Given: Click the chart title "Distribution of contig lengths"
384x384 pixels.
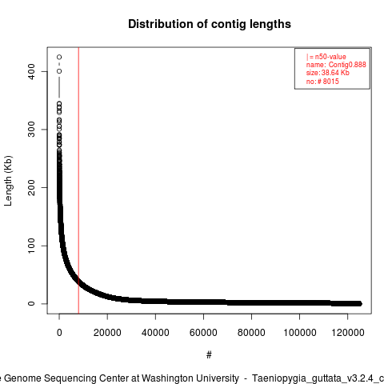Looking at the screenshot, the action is pyautogui.click(x=210, y=24).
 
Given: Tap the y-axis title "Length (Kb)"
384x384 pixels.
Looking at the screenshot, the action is pyautogui.click(x=8, y=181).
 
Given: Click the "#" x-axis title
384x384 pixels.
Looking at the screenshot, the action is pyautogui.click(x=209, y=355).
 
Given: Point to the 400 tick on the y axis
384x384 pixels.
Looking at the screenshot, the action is pyautogui.click(x=31, y=71).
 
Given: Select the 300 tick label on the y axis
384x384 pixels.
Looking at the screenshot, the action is pyautogui.click(x=31, y=130).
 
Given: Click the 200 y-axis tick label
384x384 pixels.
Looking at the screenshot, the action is pyautogui.click(x=31, y=187).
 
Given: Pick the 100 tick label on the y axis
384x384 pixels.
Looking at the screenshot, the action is pyautogui.click(x=31, y=246).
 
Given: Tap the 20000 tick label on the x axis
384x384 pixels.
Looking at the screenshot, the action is pyautogui.click(x=107, y=333).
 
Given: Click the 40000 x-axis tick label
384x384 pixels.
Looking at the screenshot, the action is pyautogui.click(x=155, y=333).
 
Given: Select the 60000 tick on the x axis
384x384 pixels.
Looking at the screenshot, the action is pyautogui.click(x=203, y=333).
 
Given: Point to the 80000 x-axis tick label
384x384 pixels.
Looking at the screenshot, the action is pyautogui.click(x=251, y=333).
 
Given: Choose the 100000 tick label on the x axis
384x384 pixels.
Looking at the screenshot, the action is pyautogui.click(x=300, y=333).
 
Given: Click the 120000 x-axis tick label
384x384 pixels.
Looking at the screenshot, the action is pyautogui.click(x=348, y=333).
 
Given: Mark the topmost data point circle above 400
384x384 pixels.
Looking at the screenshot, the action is pyautogui.click(x=59, y=57).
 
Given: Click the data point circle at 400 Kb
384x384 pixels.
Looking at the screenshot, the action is pyautogui.click(x=59, y=71).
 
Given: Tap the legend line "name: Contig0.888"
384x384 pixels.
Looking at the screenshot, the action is pyautogui.click(x=336, y=65).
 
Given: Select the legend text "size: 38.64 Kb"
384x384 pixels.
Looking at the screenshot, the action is pyautogui.click(x=328, y=73).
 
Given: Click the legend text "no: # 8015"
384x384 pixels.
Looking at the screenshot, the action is pyautogui.click(x=322, y=81).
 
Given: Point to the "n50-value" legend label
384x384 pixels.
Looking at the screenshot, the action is pyautogui.click(x=330, y=57).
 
